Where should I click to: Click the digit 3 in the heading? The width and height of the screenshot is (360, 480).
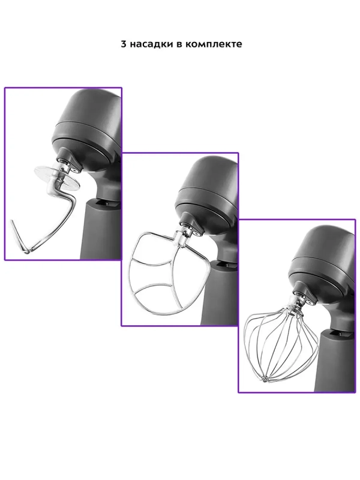tap(124, 44)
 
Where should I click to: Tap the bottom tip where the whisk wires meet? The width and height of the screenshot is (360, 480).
tap(265, 380)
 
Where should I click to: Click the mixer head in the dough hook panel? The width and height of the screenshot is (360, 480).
tap(87, 125)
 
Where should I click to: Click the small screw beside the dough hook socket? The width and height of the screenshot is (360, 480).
tap(75, 169)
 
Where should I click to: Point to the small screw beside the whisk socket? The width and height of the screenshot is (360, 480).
tap(311, 302)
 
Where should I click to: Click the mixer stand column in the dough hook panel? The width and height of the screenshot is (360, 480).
tap(100, 230)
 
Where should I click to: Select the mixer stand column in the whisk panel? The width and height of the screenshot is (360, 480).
tap(336, 361)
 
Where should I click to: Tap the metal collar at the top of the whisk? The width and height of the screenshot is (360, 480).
tap(295, 305)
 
